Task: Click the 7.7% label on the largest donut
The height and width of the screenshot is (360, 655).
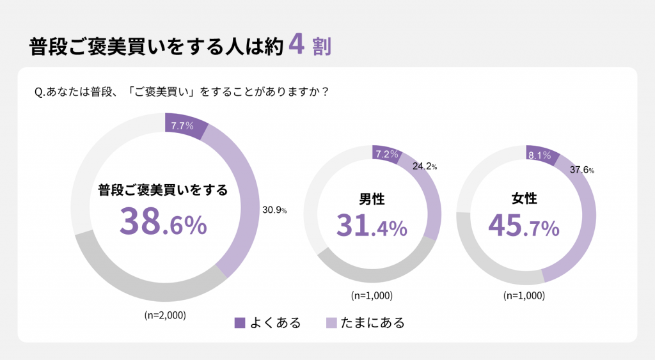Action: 182,125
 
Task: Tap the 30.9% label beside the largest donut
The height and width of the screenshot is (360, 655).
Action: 274,209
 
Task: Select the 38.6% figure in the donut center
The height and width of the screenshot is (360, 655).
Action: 163,222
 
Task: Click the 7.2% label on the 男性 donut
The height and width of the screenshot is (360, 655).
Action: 387,154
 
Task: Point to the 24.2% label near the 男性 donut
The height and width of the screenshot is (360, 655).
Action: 424,166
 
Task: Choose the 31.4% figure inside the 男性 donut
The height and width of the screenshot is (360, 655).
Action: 372,226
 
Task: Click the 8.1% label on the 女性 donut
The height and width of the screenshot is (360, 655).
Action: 540,155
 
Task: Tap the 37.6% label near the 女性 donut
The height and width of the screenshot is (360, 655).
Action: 582,170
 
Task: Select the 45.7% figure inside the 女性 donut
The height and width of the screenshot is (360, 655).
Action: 524,226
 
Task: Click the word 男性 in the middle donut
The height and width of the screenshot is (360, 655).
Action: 372,199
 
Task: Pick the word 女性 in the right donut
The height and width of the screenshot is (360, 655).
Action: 525,199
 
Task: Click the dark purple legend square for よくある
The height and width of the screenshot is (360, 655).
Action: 241,322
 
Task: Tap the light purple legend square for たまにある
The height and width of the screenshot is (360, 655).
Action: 331,322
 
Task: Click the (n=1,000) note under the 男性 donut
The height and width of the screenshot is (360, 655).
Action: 372,295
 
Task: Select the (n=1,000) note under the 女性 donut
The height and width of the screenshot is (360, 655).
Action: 525,295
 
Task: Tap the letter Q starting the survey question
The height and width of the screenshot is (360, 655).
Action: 38,92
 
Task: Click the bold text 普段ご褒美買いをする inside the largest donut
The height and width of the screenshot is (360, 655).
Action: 163,190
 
